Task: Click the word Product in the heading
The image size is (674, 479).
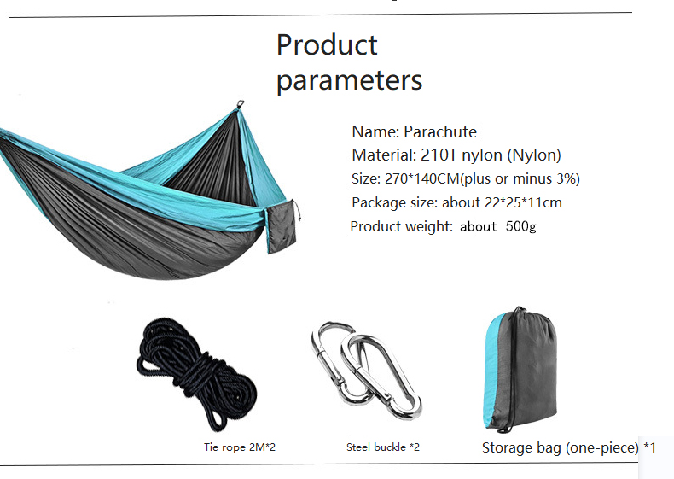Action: [327, 44]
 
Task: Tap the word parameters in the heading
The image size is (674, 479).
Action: [349, 80]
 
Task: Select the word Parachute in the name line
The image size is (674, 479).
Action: [439, 132]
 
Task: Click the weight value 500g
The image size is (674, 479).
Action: [520, 227]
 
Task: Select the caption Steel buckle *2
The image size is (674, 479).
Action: [383, 447]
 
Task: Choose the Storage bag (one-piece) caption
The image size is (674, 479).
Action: [561, 448]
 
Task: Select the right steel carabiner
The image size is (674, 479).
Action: [384, 377]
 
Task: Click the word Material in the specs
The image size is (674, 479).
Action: [382, 155]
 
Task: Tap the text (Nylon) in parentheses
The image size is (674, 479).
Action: [534, 155]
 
